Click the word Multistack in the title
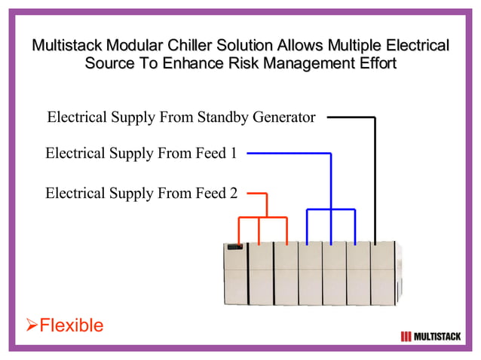(x=66, y=45)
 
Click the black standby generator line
(x=375, y=173)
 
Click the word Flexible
(x=71, y=325)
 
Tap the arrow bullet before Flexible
(x=32, y=325)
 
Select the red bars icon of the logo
(x=406, y=336)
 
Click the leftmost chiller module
(x=235, y=273)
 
